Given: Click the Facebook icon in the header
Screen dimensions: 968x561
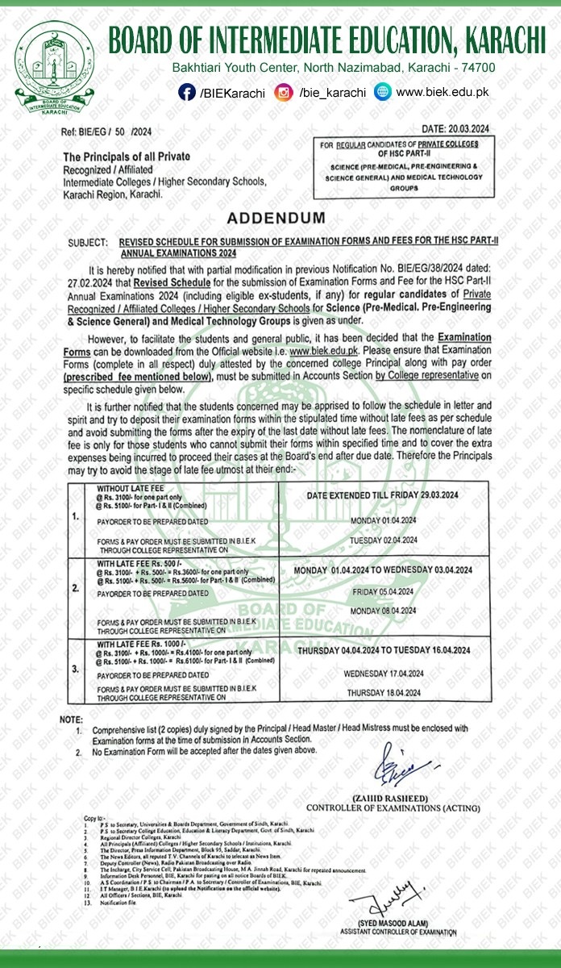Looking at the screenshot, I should (187, 93).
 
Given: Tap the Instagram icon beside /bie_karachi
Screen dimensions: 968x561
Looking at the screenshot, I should (283, 93).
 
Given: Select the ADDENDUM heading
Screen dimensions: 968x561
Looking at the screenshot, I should (276, 219).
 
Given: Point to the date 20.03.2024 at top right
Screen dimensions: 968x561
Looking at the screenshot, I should (455, 130).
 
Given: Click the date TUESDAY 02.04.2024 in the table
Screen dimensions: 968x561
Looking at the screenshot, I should (383, 540).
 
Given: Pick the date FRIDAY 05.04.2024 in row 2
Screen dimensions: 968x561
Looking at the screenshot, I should (383, 590).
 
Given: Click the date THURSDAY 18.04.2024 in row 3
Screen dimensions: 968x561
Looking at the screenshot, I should (383, 693).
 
